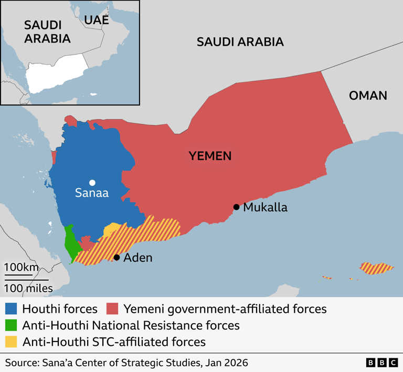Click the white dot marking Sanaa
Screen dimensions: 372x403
(x=92, y=183)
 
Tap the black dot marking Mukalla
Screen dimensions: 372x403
(x=237, y=207)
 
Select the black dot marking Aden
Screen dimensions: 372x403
(x=116, y=257)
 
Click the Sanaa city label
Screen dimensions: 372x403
(x=92, y=194)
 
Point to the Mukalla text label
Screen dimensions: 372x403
(x=265, y=208)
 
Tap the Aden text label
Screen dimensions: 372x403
(x=138, y=258)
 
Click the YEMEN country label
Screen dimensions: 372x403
(x=210, y=156)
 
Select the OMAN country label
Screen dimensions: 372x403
(x=368, y=95)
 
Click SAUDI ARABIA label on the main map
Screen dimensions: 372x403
(x=240, y=42)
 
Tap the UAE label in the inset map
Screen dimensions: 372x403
(x=97, y=20)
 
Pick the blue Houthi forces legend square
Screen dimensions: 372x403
(x=12, y=309)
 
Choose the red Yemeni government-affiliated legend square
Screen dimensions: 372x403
(x=112, y=309)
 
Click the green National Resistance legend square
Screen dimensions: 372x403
(x=12, y=325)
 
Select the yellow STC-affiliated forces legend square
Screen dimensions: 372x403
(x=12, y=342)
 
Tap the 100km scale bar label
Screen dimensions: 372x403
(x=22, y=267)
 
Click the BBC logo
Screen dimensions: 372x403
(x=381, y=363)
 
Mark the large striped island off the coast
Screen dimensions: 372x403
(x=376, y=269)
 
